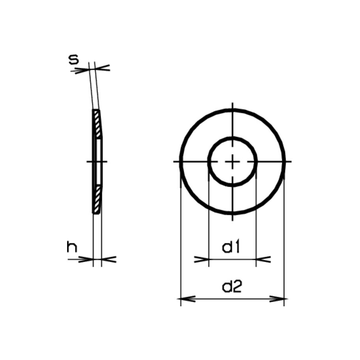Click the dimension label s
(73, 60)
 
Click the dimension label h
(72, 247)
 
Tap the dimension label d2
(232, 287)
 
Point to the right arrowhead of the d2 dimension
(278, 299)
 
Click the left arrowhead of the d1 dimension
(202, 259)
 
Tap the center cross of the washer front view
(232, 161)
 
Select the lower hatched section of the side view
(97, 199)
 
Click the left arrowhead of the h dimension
(87, 259)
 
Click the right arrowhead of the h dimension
(108, 259)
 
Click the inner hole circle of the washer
(232, 138)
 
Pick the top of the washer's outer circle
(232, 109)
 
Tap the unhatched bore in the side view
(98, 161)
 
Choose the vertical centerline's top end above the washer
(232, 105)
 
